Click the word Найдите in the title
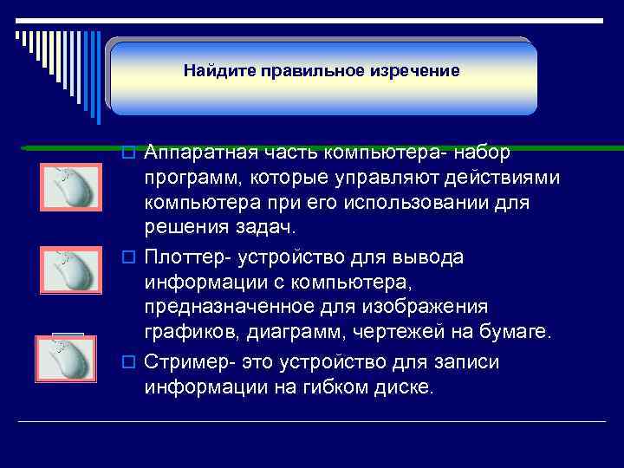pos(211,70)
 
